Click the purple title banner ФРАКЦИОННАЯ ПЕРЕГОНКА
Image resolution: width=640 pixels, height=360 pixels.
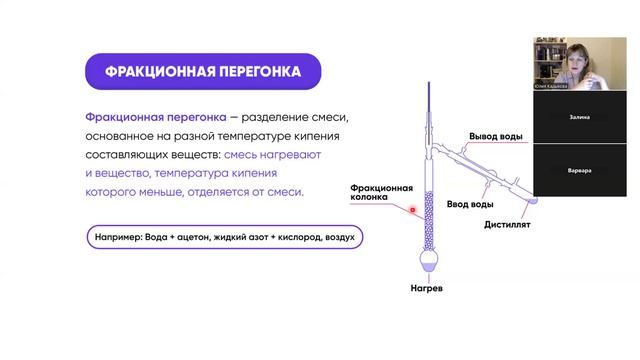(190, 71)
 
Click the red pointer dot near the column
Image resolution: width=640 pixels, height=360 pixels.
(411, 210)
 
